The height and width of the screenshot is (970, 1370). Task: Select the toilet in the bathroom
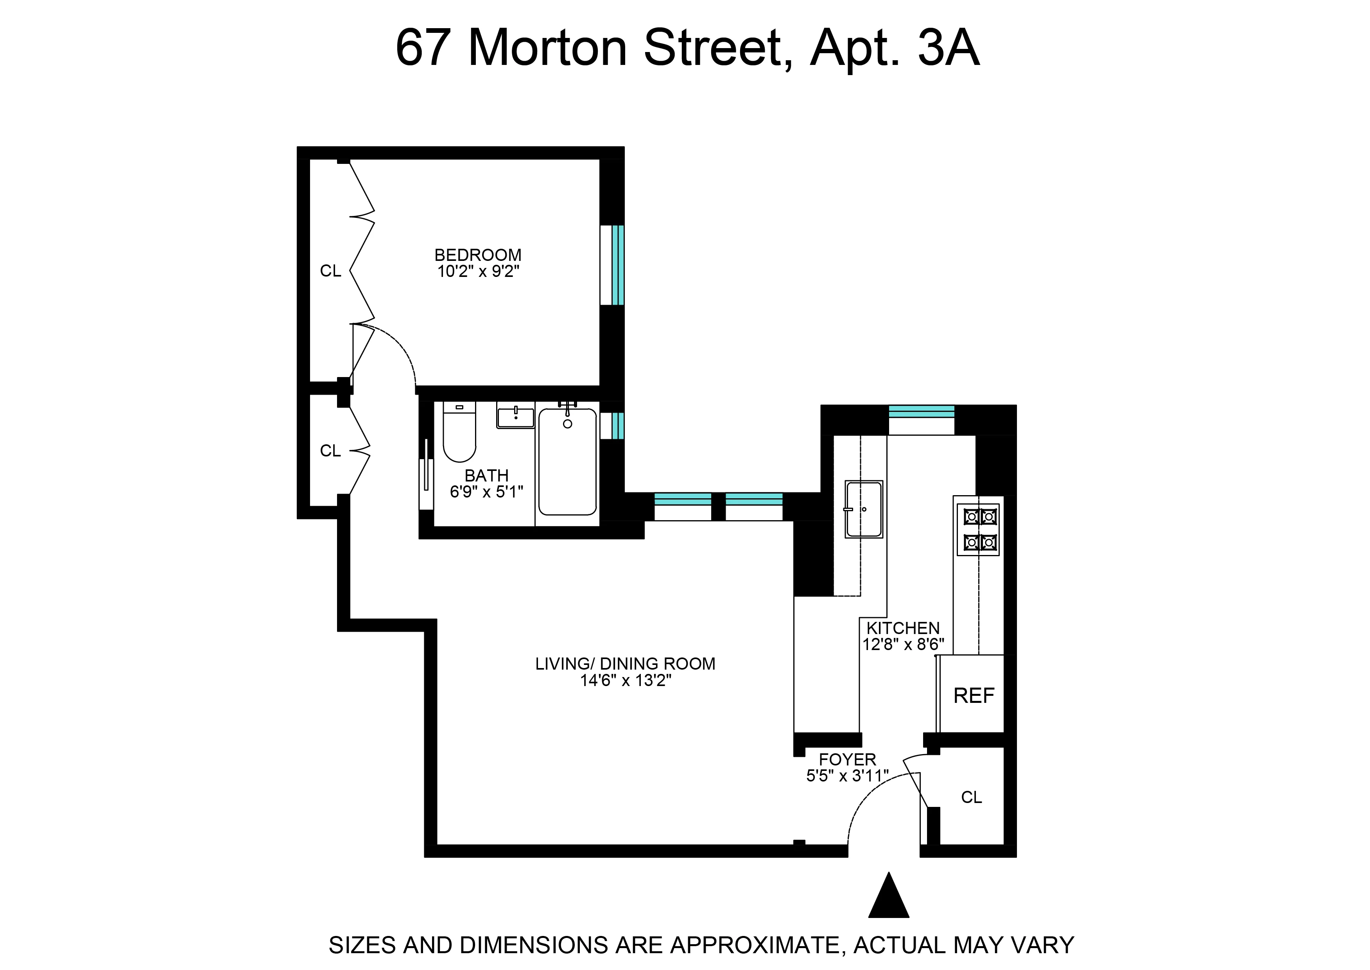pyautogui.click(x=459, y=433)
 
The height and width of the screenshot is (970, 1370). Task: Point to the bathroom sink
pyautogui.click(x=515, y=415)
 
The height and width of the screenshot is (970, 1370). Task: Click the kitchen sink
pyautogui.click(x=863, y=509)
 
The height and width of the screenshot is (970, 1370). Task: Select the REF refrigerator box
pyautogui.click(x=973, y=696)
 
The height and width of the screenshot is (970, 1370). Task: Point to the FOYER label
pyautogui.click(x=847, y=760)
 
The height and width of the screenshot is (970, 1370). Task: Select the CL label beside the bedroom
pyautogui.click(x=330, y=271)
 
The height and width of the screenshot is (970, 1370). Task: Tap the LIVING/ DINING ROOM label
pyautogui.click(x=625, y=664)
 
